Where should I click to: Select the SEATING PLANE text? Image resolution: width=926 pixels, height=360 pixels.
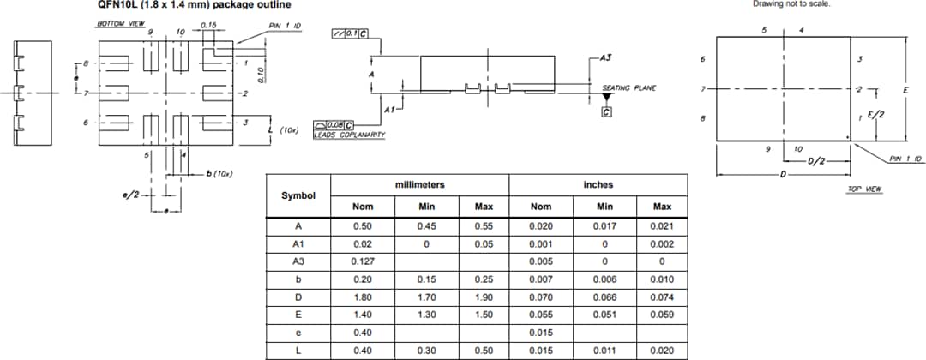pos(628,87)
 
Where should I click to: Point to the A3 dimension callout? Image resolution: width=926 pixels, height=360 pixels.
pos(605,57)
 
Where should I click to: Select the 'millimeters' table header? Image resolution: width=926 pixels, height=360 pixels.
pos(419,184)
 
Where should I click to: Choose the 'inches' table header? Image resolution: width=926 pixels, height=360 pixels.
pos(598,184)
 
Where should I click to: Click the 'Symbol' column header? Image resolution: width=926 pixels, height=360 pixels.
pos(298,195)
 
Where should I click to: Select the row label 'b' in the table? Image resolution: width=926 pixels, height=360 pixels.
pos(298,279)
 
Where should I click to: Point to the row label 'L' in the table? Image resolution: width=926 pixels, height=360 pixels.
pos(298,350)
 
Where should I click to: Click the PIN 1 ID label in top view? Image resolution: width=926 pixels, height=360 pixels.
pos(906,159)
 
